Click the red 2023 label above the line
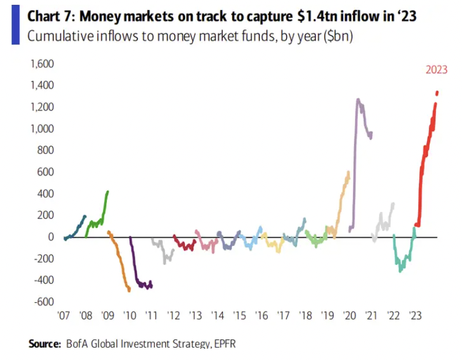coord(437,70)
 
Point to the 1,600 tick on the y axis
coord(41,64)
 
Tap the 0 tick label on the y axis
coord(51,237)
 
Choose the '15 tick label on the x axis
coord(239,315)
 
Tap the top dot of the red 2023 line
coord(437,93)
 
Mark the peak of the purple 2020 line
coord(358,100)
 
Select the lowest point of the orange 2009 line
coord(129,290)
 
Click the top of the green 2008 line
coord(108,191)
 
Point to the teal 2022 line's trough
coord(401,271)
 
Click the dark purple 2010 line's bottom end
coord(151,287)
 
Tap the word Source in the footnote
coord(44,343)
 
